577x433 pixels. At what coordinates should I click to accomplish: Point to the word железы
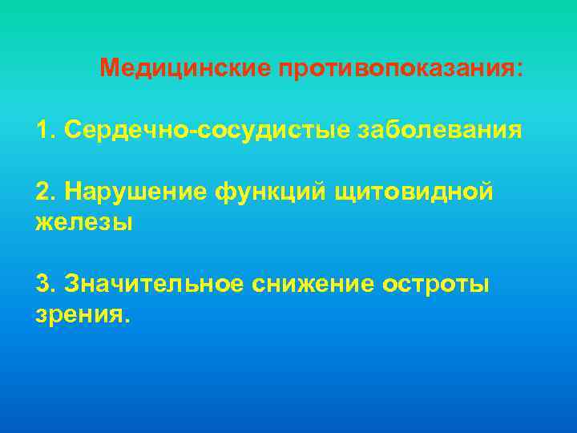pyautogui.click(x=84, y=222)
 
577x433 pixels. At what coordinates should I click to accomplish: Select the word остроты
pyautogui.click(x=436, y=284)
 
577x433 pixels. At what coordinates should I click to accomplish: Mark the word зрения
pyautogui.click(x=78, y=315)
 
